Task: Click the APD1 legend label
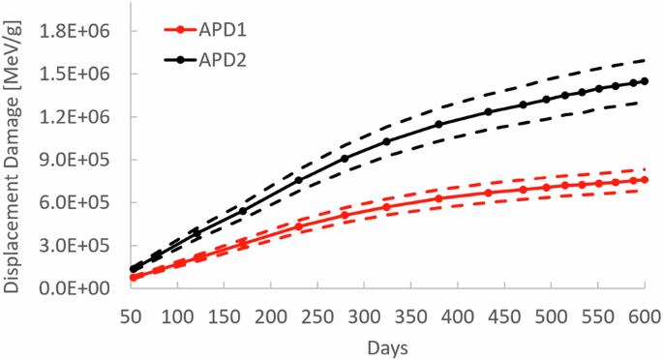coord(222,32)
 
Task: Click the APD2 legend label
coord(222,60)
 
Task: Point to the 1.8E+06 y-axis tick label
coord(74,31)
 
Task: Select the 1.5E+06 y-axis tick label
coord(74,75)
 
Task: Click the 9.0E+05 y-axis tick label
coord(74,160)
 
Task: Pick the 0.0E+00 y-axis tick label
coord(74,288)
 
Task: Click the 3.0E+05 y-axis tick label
coord(74,246)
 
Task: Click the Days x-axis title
coord(387,345)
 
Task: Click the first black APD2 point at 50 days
coord(132,269)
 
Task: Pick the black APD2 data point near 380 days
coord(438,124)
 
